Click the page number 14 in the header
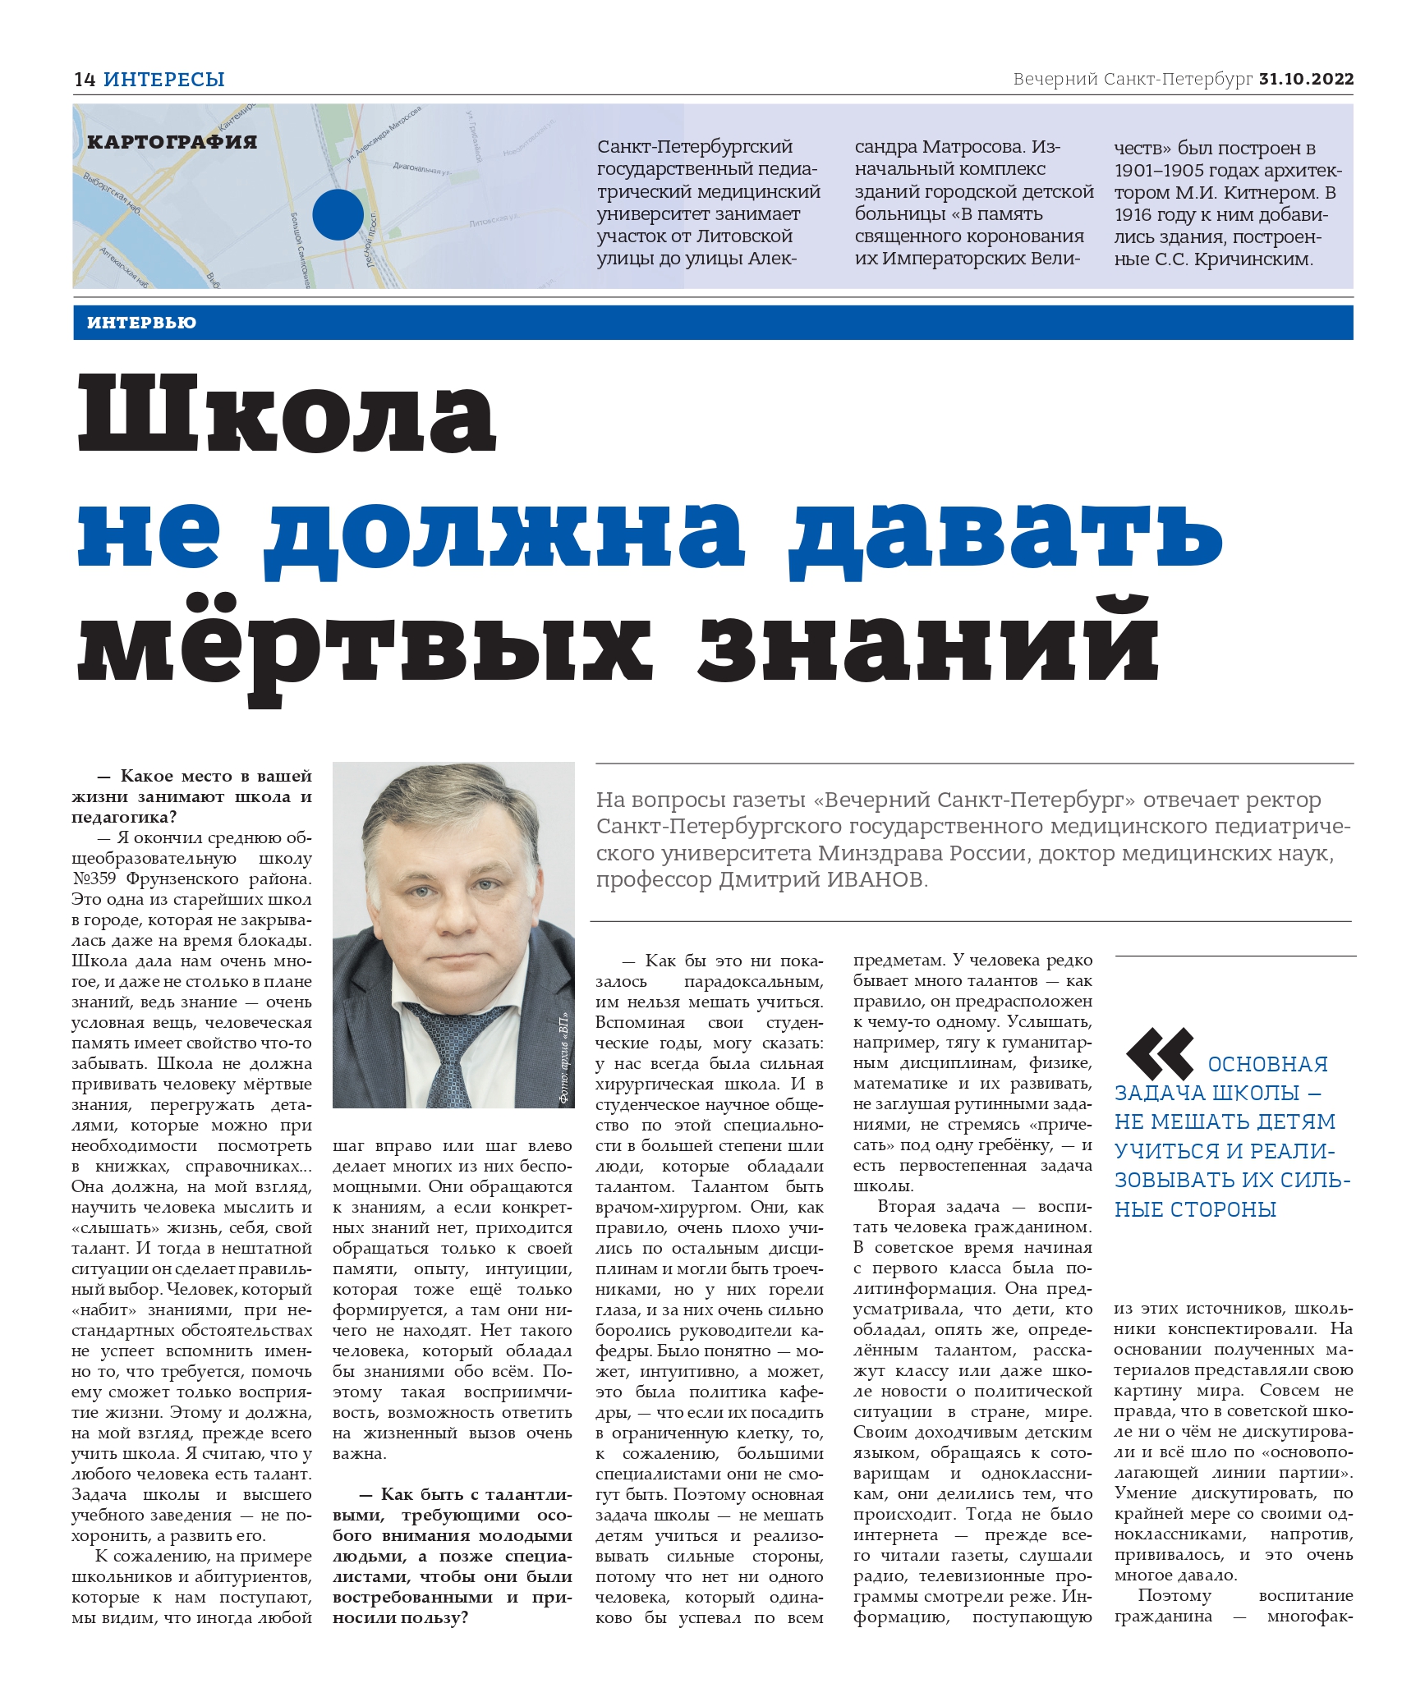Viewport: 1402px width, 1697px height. click(x=85, y=80)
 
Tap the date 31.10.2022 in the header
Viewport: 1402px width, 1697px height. click(x=1306, y=80)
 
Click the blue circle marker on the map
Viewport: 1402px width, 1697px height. click(x=338, y=214)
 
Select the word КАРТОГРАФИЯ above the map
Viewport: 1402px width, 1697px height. click(x=172, y=142)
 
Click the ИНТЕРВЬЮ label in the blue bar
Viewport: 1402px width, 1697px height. click(x=141, y=323)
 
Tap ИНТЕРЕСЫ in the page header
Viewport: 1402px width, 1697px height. click(x=164, y=80)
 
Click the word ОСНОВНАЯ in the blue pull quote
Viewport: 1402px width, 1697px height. click(x=1267, y=1064)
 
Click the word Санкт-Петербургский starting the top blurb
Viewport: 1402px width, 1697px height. click(x=694, y=148)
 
